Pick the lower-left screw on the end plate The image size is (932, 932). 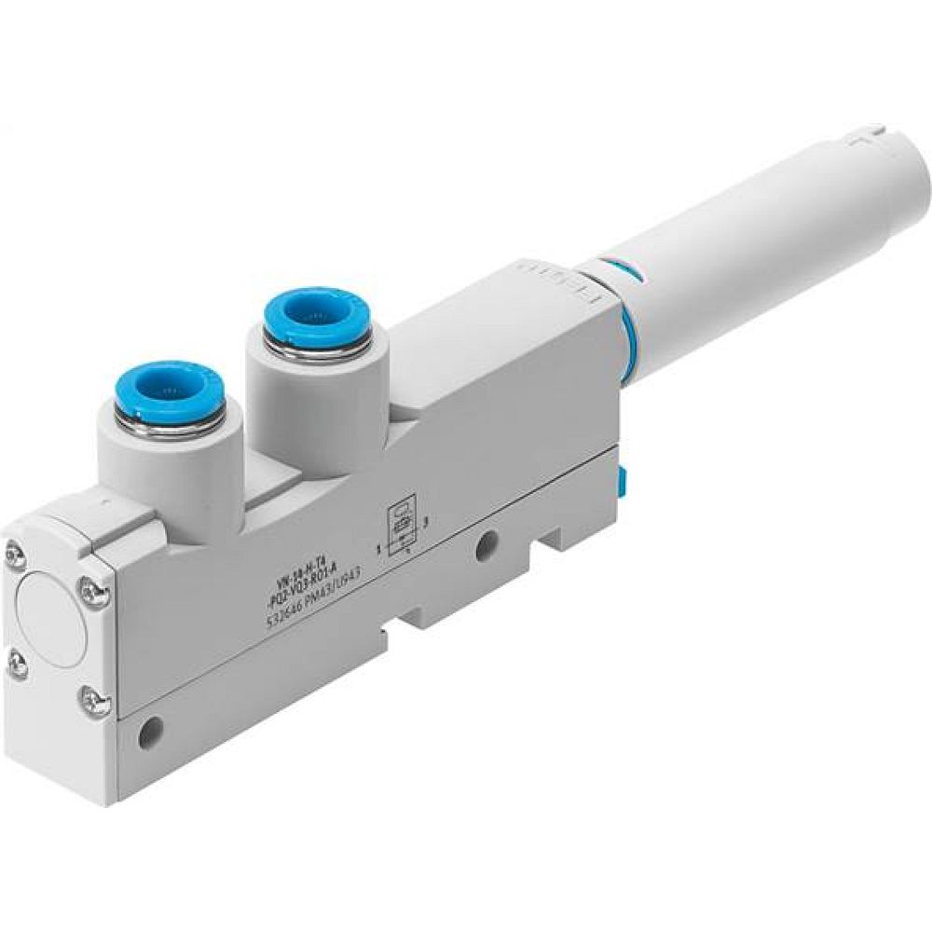tap(16, 663)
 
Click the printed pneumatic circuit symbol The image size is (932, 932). tap(399, 530)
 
